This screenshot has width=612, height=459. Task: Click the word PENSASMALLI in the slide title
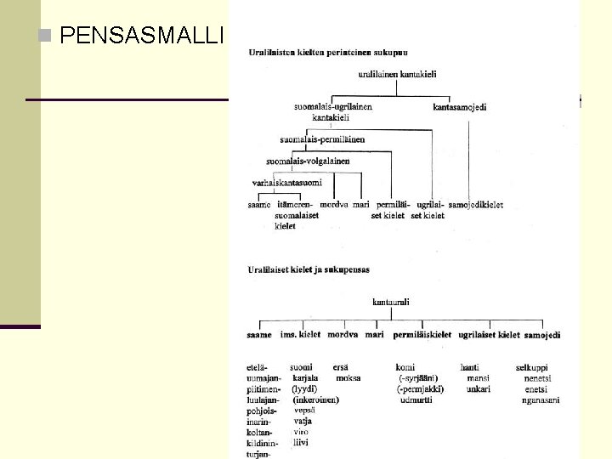click(x=142, y=36)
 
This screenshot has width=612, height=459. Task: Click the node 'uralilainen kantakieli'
click(x=397, y=75)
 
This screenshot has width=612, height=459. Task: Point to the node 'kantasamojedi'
click(x=460, y=108)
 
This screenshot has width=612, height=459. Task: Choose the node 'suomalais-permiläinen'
click(x=322, y=139)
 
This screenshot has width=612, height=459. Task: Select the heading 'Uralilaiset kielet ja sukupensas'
click(x=309, y=270)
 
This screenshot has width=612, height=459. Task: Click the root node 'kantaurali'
click(x=391, y=301)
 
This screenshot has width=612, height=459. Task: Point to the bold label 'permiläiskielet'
click(x=422, y=335)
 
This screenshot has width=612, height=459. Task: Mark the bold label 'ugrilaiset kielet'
click(x=489, y=335)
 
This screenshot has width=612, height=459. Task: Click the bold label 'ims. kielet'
click(x=300, y=335)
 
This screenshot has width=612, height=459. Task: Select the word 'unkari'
click(x=478, y=388)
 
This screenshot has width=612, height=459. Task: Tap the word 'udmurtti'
click(x=416, y=399)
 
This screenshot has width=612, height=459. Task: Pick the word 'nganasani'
click(x=541, y=399)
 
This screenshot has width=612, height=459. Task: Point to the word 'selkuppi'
click(x=532, y=367)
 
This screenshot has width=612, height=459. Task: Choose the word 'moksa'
click(x=348, y=377)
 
